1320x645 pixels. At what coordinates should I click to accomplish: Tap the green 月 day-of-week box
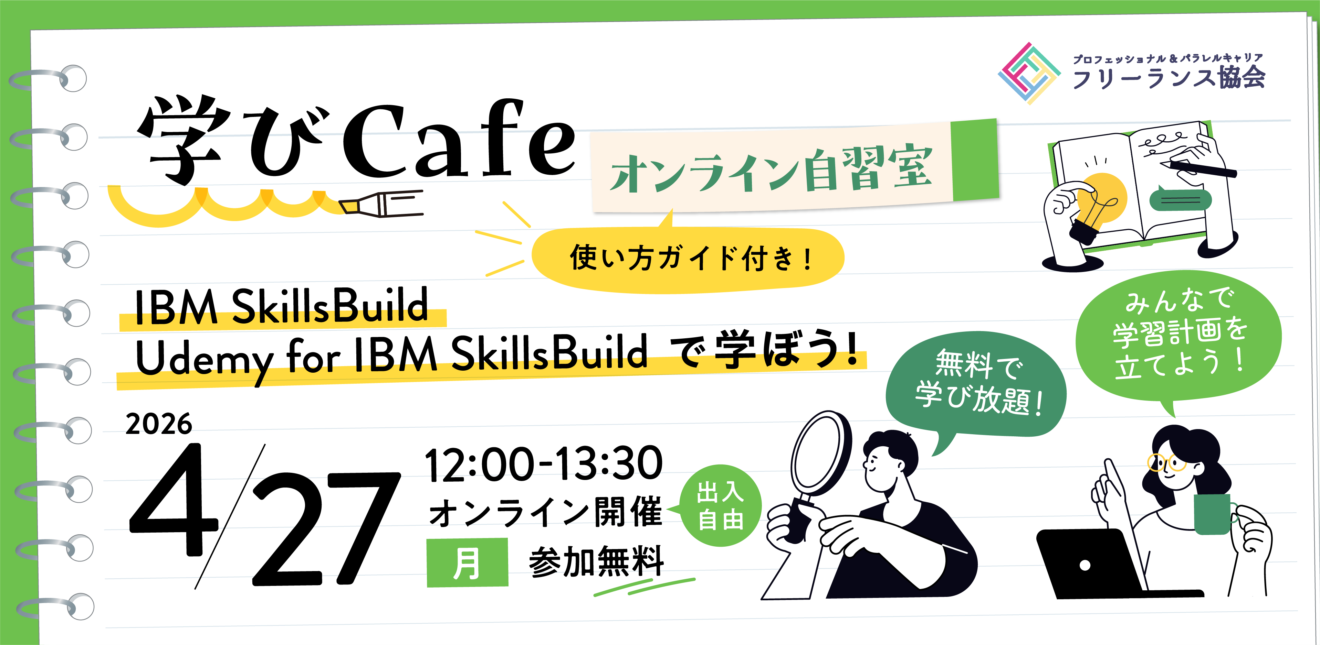tap(467, 562)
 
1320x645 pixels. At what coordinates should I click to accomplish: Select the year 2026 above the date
tap(158, 424)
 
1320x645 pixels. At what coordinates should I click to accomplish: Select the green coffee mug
tap(1214, 513)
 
